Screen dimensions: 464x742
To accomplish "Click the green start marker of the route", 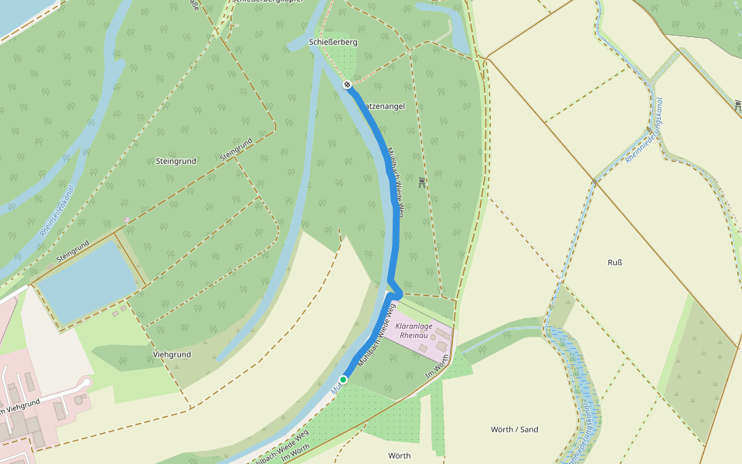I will pyautogui.click(x=343, y=380).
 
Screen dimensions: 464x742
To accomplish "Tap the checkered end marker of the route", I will pyautogui.click(x=348, y=84).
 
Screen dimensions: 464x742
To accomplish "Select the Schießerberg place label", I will pyautogui.click(x=332, y=43).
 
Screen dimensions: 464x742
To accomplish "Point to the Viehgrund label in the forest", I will pyautogui.click(x=172, y=354).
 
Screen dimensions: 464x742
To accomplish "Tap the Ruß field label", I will pyautogui.click(x=615, y=261).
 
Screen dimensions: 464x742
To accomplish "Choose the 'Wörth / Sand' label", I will pyautogui.click(x=514, y=429).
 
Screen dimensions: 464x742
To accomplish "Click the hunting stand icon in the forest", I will pyautogui.click(x=421, y=182).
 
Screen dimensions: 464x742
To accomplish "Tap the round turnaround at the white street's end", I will pyautogui.click(x=86, y=383).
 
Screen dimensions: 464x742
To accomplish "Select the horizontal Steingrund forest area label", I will pyautogui.click(x=176, y=161).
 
